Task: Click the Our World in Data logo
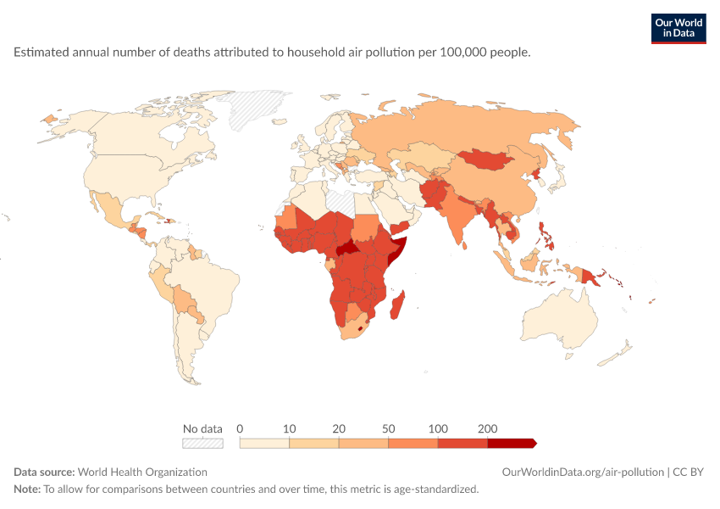(x=678, y=29)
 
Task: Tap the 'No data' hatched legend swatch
(x=202, y=443)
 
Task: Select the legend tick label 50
(x=389, y=428)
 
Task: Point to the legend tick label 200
(x=487, y=428)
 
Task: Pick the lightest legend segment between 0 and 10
(x=264, y=443)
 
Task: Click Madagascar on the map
(x=397, y=305)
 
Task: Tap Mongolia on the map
(x=486, y=159)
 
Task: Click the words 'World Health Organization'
(x=142, y=473)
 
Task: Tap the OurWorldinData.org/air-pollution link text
(x=583, y=473)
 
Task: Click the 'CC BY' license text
(x=689, y=473)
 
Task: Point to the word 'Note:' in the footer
(x=27, y=489)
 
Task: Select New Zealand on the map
(x=615, y=355)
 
